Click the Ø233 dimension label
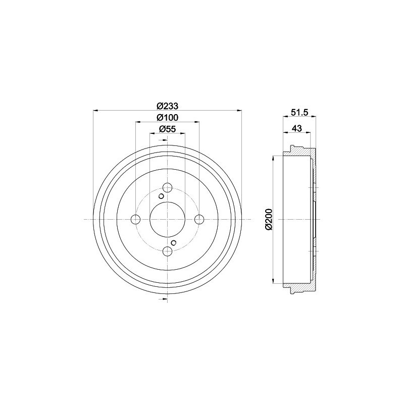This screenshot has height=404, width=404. [x=168, y=106]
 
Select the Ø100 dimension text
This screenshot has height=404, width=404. [x=168, y=118]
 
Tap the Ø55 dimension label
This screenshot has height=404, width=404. [x=168, y=129]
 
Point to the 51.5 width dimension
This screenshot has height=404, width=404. [x=299, y=112]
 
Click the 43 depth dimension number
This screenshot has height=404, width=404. [x=297, y=128]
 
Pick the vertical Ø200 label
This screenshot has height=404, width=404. [x=269, y=219]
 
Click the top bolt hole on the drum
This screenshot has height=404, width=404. [x=168, y=187]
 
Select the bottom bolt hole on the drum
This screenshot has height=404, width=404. [x=168, y=251]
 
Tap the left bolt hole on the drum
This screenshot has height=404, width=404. [x=135, y=219]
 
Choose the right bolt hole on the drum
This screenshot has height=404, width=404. [x=199, y=219]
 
